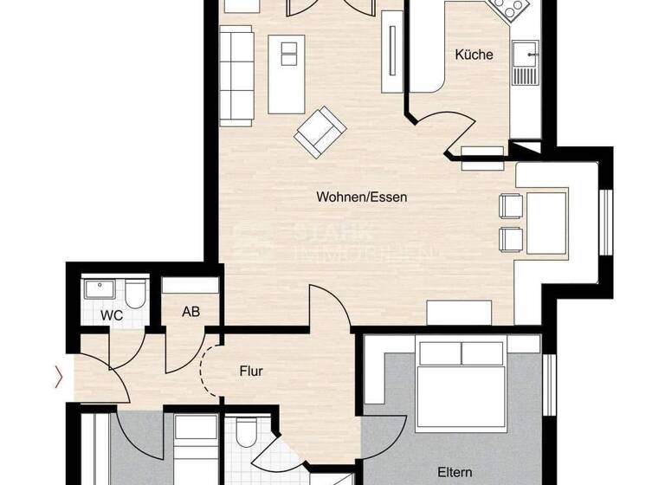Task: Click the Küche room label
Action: tap(474, 55)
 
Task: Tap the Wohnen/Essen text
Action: tap(361, 197)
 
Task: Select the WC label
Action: tap(112, 316)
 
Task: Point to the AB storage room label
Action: tap(190, 312)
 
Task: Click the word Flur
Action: tap(251, 372)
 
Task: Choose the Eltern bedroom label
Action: tap(455, 473)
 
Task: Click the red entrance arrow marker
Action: tap(59, 376)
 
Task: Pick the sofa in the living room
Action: tap(236, 73)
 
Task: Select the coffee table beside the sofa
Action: tap(287, 74)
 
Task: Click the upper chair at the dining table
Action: tap(509, 206)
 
